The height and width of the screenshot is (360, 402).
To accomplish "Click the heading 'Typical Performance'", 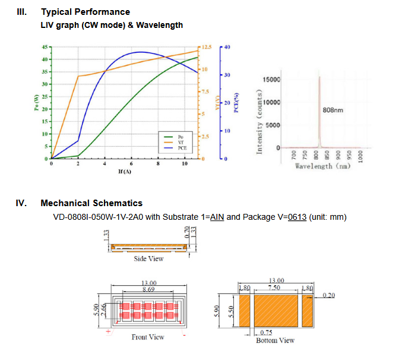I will point(85,12).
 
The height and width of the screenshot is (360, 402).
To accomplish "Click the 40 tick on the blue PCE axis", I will point(228,47).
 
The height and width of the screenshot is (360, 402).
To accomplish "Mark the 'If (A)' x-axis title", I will point(124,171).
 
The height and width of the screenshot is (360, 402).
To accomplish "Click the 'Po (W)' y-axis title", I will point(36,103).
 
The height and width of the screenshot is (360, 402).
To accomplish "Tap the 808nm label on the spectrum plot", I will point(333,110).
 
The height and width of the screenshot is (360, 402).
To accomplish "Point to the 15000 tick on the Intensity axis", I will point(271,80).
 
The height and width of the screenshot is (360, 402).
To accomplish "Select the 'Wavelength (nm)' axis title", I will point(322,166).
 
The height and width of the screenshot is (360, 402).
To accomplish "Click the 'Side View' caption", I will point(148,258).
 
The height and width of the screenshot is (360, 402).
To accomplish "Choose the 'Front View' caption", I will point(148,337).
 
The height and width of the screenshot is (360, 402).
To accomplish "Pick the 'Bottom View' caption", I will point(275,340).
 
